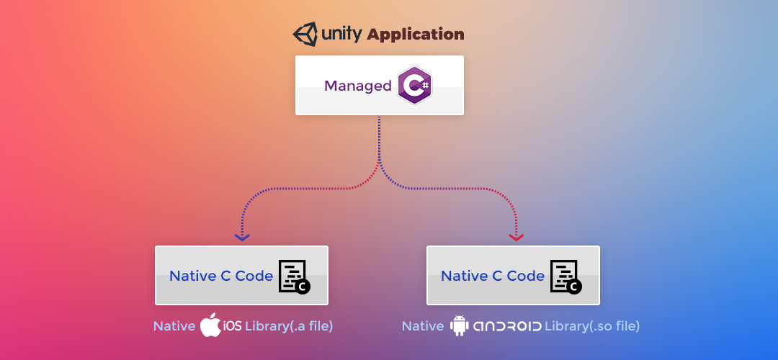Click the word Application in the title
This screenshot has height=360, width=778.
click(x=416, y=34)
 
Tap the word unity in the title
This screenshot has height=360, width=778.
click(x=341, y=34)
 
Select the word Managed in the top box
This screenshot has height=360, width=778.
click(x=357, y=86)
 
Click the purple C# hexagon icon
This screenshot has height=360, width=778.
click(x=415, y=85)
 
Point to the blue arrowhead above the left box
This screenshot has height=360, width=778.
click(x=242, y=236)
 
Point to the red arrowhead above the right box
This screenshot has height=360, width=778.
click(x=516, y=236)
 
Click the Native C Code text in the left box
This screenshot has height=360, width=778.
click(x=221, y=276)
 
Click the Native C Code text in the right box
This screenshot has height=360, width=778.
click(x=493, y=276)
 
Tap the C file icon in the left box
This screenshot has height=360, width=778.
click(x=294, y=276)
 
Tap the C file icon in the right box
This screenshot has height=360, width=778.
click(x=565, y=276)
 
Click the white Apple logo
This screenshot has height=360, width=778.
click(x=210, y=325)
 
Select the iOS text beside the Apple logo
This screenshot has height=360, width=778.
click(x=232, y=326)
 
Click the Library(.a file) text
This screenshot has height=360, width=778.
click(x=289, y=326)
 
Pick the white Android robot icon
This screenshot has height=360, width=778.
click(x=459, y=325)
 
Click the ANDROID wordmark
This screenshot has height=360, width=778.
click(x=507, y=326)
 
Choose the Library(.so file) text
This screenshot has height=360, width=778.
click(x=592, y=326)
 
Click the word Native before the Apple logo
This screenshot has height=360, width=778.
click(x=174, y=326)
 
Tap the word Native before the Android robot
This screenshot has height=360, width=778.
click(x=423, y=326)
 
